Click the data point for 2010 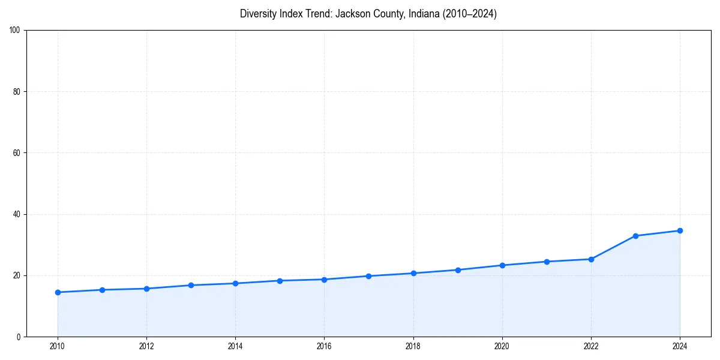coord(58,292)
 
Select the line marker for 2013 coord(191,285)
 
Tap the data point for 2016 coord(324,280)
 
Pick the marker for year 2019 coord(458,270)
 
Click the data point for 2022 coord(591,259)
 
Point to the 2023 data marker coord(635,236)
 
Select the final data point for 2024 coord(680,230)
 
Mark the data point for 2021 coord(547,262)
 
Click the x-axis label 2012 coord(146,346)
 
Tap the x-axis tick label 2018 coord(413,346)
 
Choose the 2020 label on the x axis coord(502,346)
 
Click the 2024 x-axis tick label coord(680,346)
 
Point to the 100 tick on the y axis coord(16,30)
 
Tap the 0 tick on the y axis coord(19,337)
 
